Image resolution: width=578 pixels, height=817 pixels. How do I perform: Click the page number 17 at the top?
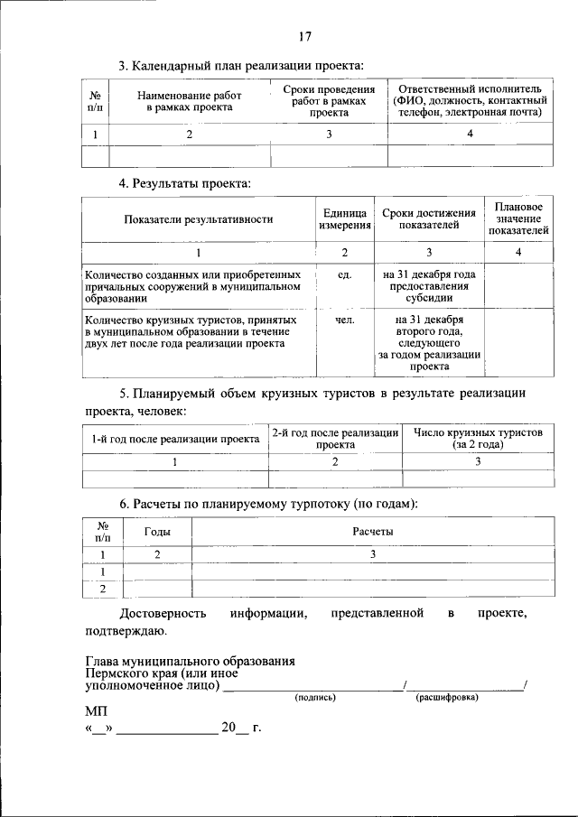pos(304,37)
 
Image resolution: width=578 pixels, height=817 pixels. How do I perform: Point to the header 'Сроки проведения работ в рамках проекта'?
pos(329,101)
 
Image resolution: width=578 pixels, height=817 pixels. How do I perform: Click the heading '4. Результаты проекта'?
pos(185,183)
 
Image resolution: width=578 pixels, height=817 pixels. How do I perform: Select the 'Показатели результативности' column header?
pos(198,218)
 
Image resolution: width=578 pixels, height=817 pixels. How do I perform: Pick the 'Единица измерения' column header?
pos(344,218)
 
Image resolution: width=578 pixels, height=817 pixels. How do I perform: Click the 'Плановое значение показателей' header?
pos(518,218)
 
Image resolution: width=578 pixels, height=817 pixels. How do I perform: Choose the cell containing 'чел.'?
pos(344,320)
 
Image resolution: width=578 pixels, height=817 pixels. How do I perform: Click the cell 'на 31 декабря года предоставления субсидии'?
pos(429,285)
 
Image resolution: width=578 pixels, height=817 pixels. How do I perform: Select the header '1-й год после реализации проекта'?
pos(175,439)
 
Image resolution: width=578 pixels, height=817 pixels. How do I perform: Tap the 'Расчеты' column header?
pos(372,533)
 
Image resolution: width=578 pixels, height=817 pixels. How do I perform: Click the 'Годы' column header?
pos(157,533)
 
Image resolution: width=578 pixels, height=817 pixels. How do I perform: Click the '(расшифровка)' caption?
pos(447,698)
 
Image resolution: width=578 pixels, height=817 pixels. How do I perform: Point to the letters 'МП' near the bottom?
pos(96,712)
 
